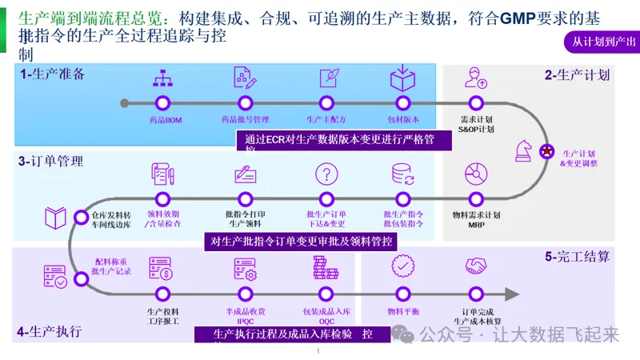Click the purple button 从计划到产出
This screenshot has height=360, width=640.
point(600,42)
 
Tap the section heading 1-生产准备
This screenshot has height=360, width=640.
point(53,74)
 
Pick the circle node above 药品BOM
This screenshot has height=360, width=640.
point(163,102)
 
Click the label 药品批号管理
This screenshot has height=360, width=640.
point(245,119)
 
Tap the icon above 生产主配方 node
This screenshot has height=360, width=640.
point(327,78)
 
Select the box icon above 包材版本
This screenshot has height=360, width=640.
point(400,78)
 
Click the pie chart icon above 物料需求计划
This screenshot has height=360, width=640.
point(476,174)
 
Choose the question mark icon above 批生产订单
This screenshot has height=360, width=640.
point(326,174)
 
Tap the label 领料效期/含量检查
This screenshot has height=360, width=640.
point(163,219)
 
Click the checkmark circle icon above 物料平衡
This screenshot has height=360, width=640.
point(402,266)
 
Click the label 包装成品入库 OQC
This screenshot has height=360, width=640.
point(326,315)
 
